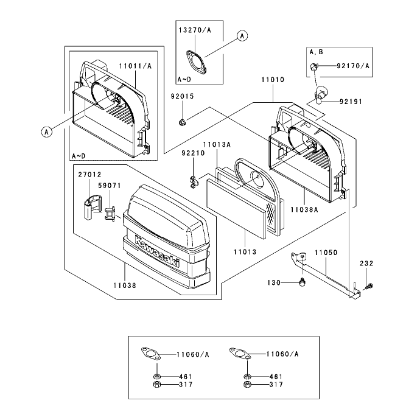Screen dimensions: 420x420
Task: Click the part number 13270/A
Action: coord(195,30)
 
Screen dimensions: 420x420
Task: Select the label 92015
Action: coord(182,96)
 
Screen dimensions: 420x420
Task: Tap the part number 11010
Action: coord(273,80)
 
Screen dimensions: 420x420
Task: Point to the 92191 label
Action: coord(351,102)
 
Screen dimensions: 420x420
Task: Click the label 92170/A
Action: coord(353,66)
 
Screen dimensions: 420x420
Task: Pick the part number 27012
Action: coord(89,175)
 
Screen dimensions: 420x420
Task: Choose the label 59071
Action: coord(110,186)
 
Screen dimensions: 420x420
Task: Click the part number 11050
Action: coord(326,253)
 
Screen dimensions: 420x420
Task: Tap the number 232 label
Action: coord(366,264)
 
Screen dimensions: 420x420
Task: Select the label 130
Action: coord(274,282)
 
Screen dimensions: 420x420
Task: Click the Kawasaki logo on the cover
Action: coord(156,251)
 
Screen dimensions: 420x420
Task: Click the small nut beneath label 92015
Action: coord(182,123)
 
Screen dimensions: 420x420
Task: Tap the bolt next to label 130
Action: coord(303,282)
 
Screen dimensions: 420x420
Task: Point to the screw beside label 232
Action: coord(369,286)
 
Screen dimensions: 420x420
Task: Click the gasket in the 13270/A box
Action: coord(197,62)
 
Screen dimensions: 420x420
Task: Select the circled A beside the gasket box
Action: coord(242,36)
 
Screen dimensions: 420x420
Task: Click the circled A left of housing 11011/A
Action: coord(47,132)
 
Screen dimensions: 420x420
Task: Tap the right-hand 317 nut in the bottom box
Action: coord(248,384)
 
